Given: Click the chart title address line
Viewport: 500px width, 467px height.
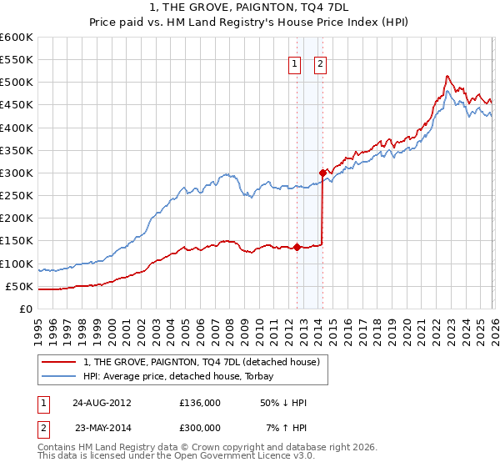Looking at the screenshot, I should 250,8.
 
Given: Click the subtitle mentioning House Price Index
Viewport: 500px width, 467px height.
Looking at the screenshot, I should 250,22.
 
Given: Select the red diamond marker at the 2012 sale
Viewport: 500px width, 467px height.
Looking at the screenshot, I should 297,247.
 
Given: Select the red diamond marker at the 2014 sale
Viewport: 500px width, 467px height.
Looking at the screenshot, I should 322,173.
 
